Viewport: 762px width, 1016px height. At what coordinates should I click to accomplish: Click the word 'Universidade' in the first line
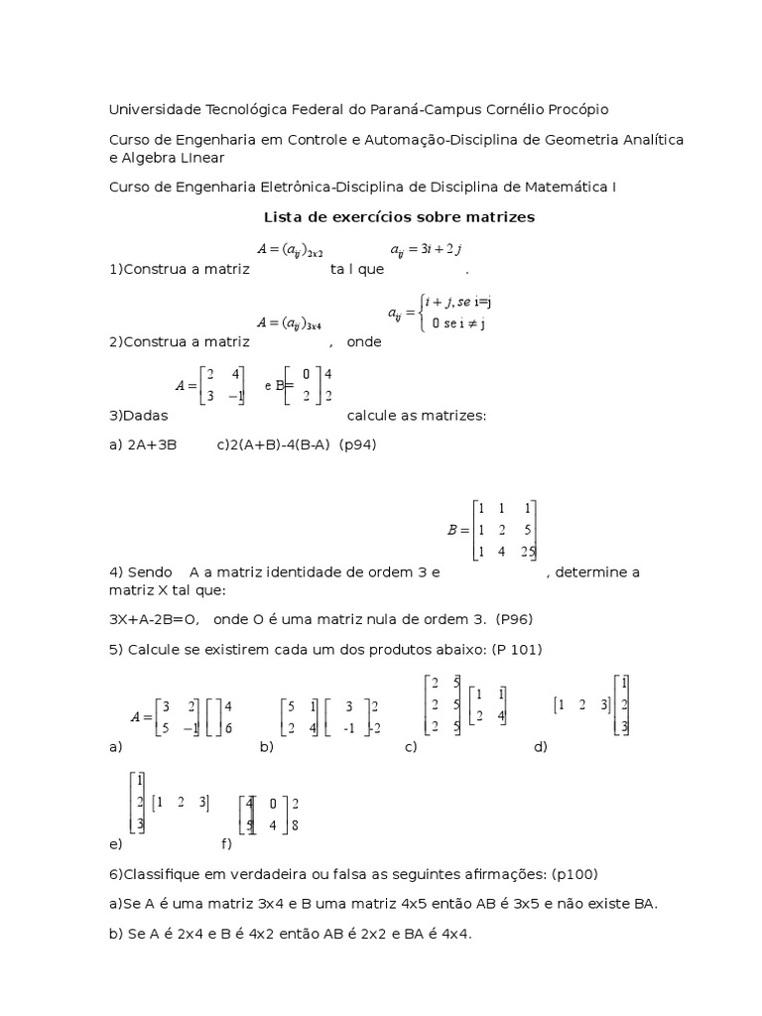(155, 108)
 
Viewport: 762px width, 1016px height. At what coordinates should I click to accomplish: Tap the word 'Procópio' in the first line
(572, 108)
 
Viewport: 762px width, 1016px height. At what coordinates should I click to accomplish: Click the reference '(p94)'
(357, 444)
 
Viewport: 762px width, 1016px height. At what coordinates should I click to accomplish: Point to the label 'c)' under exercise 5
(409, 746)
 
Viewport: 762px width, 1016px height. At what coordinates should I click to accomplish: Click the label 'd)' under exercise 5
(541, 746)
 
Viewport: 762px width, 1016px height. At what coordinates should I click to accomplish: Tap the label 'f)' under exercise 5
(227, 844)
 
